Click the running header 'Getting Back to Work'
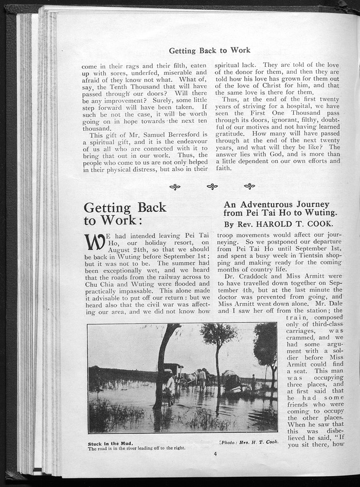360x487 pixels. pos(210,50)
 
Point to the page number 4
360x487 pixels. pos(215,454)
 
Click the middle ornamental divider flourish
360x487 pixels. pos(212,186)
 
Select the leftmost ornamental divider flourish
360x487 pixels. pos(175,186)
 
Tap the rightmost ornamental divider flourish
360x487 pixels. pos(249,186)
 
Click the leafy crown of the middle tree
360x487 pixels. pos(218,334)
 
